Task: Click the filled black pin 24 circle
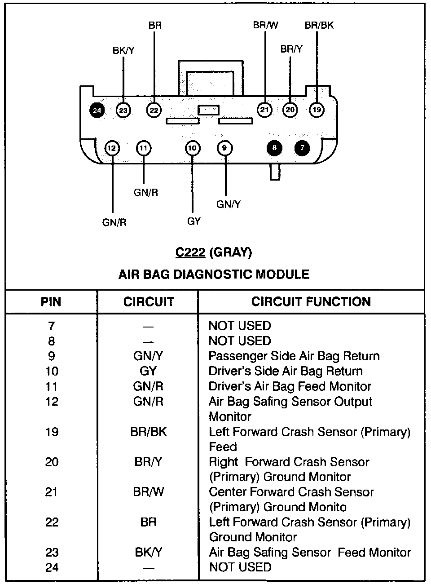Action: coord(97,110)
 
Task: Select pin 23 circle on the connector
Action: coord(123,110)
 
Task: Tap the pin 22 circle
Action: coord(154,110)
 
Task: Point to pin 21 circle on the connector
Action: coord(264,110)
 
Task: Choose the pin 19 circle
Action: coord(317,110)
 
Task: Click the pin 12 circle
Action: coord(112,148)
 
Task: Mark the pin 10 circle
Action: coord(193,148)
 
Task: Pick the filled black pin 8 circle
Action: coord(274,148)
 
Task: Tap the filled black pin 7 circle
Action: coord(302,148)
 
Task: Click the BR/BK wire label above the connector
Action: coord(319,25)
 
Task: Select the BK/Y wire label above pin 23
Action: coord(123,50)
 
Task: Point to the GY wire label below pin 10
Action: coord(194,221)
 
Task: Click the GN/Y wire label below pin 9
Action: coord(229,204)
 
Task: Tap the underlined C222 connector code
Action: coord(190,252)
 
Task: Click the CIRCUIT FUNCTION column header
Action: coord(311,301)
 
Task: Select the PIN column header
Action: coord(51,301)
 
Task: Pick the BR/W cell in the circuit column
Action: coord(148,492)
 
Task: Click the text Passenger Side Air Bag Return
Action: coord(294,356)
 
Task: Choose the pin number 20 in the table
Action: coord(52,462)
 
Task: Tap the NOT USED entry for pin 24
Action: coord(240,567)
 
